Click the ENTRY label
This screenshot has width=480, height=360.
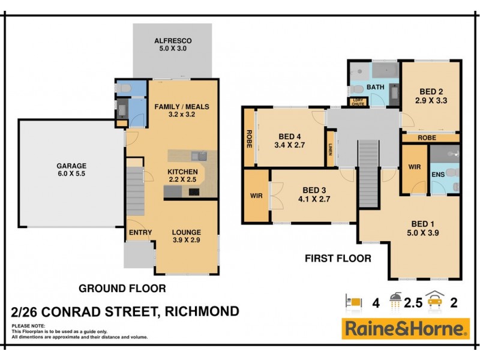pos(140,233)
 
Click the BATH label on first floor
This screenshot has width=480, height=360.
pos(376,88)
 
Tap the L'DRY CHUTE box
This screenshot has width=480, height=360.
pos(358,102)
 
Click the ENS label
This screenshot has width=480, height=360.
pos(437,175)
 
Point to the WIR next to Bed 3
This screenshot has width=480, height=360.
pos(256,196)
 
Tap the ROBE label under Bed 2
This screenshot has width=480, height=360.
pos(427,137)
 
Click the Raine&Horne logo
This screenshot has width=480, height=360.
pos(406,329)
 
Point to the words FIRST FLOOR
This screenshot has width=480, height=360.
pos(338,259)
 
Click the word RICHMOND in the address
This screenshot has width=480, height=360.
pos(199,311)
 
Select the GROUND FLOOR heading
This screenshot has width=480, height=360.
pos(122,289)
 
